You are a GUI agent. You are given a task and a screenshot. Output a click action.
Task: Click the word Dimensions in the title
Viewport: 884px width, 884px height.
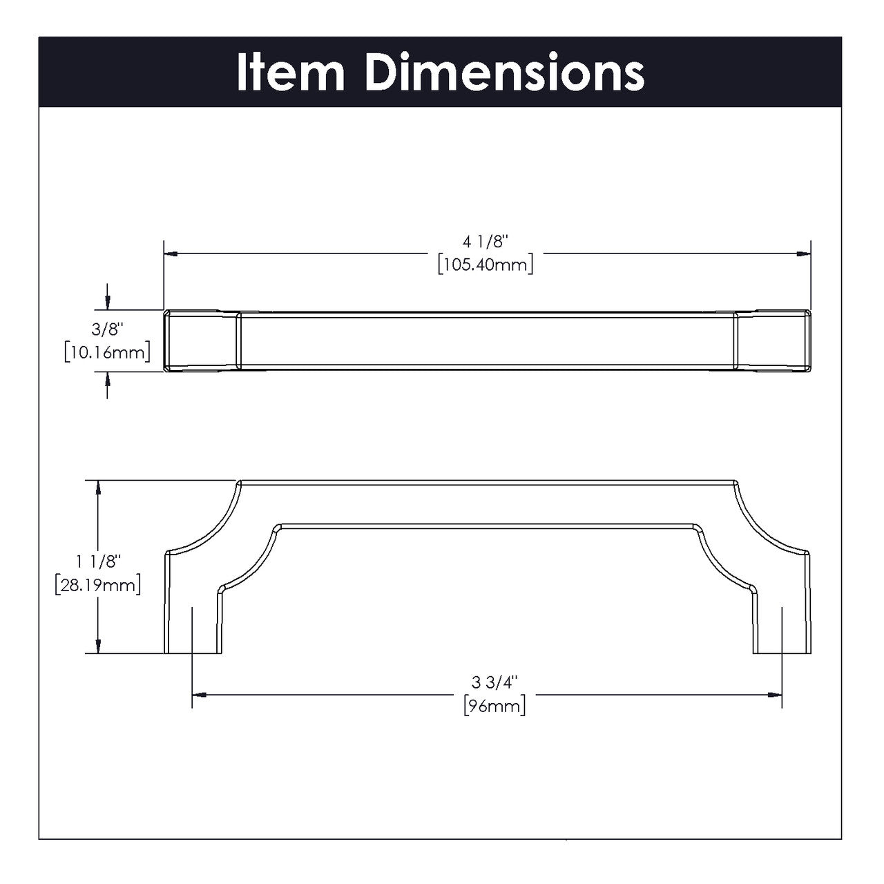[x=505, y=73]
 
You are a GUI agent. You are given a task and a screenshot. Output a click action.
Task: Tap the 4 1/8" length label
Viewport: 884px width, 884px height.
[x=486, y=242]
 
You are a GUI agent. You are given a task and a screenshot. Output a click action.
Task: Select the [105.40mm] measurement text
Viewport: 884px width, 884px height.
[x=486, y=264]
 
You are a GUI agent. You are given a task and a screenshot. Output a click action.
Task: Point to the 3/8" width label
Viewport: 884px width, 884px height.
[x=106, y=331]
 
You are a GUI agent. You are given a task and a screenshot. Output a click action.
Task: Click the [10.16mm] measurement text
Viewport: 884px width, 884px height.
[x=106, y=352]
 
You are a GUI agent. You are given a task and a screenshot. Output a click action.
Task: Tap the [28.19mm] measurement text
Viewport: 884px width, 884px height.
[x=99, y=585]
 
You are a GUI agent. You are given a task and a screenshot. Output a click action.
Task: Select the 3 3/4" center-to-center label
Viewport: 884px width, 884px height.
[x=495, y=682]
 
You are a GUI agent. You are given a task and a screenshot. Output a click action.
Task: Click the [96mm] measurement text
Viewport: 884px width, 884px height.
[x=495, y=706]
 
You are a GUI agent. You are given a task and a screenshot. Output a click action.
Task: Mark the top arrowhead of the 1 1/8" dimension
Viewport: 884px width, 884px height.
[x=100, y=487]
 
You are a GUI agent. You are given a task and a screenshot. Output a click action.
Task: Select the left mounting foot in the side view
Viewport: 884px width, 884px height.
[x=193, y=622]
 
